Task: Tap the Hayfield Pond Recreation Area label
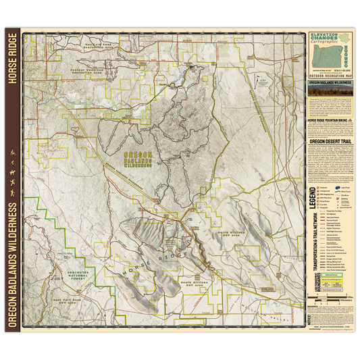(x=88, y=48)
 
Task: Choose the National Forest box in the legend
(x=331, y=276)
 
